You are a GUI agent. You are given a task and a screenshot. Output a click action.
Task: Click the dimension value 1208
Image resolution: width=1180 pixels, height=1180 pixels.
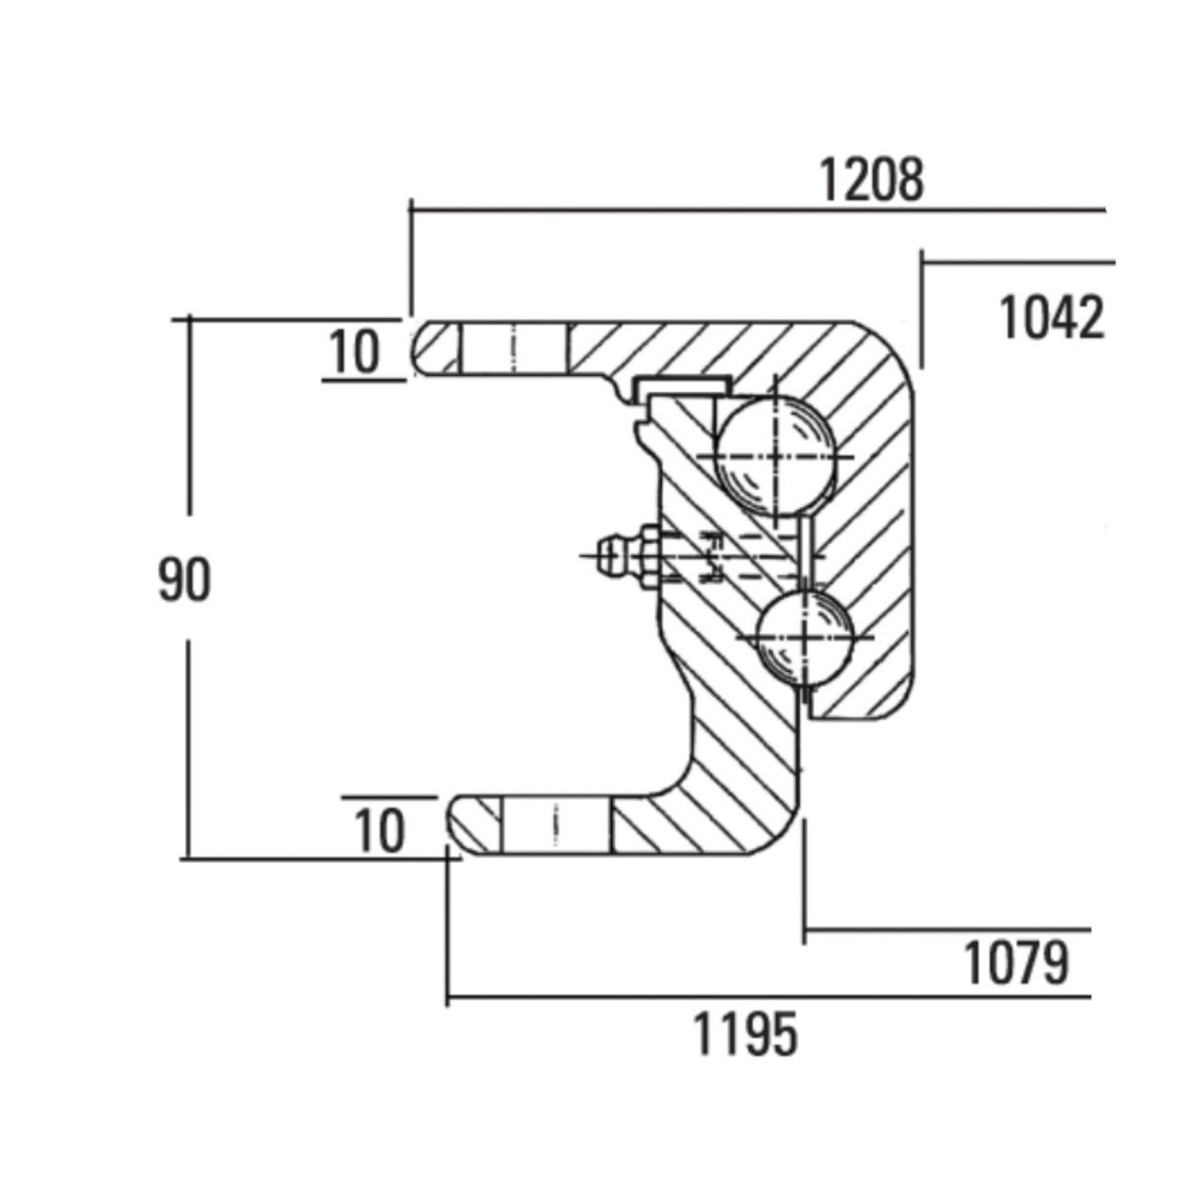pos(871,180)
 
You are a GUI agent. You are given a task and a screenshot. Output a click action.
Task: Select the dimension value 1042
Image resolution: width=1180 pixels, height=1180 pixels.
pos(1052,318)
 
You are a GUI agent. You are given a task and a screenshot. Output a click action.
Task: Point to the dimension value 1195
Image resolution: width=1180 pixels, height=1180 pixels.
pos(747,1034)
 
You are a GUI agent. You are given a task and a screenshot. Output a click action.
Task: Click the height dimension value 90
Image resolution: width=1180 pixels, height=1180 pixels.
pos(184,580)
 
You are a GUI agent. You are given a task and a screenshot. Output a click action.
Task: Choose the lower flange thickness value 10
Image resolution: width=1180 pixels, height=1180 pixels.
pos(380,831)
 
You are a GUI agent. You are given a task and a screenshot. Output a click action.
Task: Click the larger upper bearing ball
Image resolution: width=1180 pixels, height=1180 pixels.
pos(775,456)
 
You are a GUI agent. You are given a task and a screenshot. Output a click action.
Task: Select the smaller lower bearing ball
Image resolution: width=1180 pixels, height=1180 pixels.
pos(804,637)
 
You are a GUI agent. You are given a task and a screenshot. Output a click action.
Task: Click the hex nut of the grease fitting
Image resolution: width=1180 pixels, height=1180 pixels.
pos(648,556)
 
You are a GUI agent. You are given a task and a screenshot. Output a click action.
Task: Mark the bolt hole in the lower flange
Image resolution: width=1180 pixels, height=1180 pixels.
pos(555,825)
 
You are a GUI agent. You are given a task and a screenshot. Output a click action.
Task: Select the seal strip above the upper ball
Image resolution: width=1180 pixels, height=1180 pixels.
pos(682,385)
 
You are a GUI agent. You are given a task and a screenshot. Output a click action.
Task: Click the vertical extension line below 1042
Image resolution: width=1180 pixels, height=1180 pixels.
pos(922,308)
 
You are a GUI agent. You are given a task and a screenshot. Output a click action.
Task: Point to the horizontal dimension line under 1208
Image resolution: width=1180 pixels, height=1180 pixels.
pos(758,210)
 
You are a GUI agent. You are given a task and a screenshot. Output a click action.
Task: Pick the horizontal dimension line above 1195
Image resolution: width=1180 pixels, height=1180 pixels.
pos(769,997)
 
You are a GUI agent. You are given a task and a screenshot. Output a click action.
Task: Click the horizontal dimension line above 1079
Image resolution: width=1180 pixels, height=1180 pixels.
pos(948,929)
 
